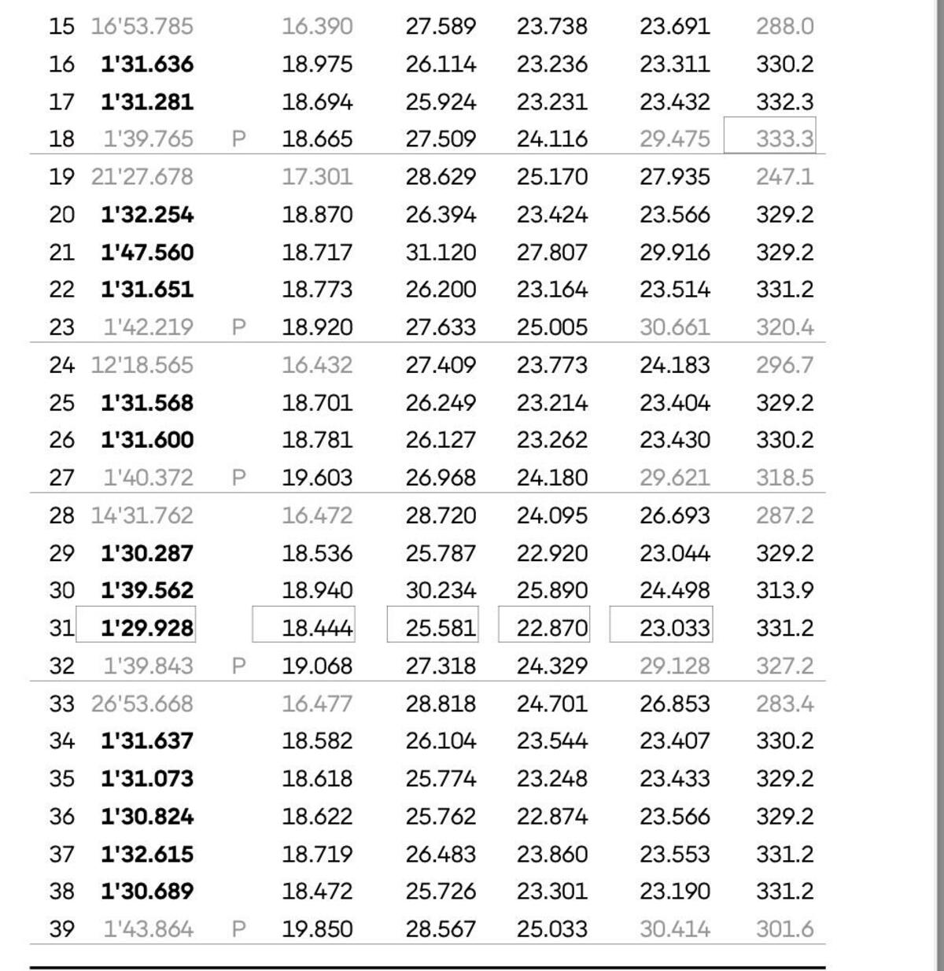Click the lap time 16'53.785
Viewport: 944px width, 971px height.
tap(142, 27)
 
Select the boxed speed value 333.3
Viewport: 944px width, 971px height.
tap(784, 139)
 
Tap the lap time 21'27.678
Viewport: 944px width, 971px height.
tap(142, 177)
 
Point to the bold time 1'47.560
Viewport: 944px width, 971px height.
tap(147, 253)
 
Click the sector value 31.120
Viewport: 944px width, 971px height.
tap(441, 253)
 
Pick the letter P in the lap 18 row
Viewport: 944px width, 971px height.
tap(239, 139)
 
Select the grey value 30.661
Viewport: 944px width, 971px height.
tap(674, 327)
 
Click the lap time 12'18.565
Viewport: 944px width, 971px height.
tap(142, 365)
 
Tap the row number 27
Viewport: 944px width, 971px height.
tap(61, 478)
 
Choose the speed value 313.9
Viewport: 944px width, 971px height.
tap(784, 590)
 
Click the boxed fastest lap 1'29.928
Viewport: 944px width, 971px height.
tap(147, 628)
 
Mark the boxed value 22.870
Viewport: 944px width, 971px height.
tap(551, 628)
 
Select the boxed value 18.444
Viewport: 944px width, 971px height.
tap(317, 628)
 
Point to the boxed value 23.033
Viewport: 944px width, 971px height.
tap(674, 628)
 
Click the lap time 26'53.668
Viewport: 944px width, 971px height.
tap(142, 703)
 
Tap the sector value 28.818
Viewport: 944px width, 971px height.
tap(441, 703)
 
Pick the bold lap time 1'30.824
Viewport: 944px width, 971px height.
tap(147, 816)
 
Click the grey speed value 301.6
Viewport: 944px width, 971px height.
tap(784, 929)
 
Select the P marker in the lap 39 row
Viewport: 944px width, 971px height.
tap(239, 929)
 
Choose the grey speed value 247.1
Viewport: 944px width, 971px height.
tap(784, 177)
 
